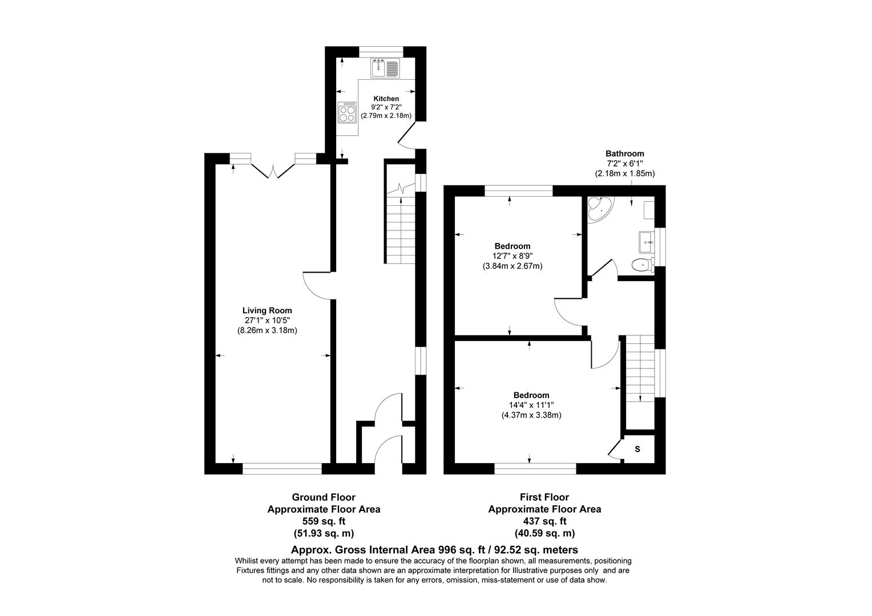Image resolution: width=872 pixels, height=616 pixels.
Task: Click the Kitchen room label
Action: coord(386,99)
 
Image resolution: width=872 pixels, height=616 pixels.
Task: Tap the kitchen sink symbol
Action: coord(385,68)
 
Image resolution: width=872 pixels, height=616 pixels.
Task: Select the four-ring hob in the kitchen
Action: coord(346,112)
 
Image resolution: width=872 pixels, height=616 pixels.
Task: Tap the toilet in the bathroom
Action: coord(642,264)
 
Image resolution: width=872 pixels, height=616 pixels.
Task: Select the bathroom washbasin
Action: coord(646,242)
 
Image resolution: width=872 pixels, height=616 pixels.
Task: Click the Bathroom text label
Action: coord(624,153)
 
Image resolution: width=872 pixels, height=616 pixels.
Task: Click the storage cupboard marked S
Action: coord(637,449)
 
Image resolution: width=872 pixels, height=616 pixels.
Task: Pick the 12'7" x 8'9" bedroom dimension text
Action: coord(512,256)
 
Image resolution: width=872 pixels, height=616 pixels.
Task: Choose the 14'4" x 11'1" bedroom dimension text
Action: coord(531,405)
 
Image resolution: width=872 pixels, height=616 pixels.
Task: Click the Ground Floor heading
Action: coord(324,497)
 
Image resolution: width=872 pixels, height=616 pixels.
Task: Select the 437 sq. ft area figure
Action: coord(544,521)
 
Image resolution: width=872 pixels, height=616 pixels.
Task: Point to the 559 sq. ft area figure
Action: coord(324,521)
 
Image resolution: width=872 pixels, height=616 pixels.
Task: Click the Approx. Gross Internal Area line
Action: coord(434,550)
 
